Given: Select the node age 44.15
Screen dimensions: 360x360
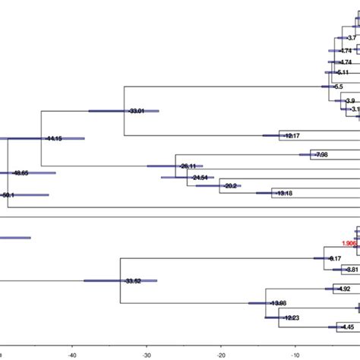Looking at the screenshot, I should (x=54, y=139).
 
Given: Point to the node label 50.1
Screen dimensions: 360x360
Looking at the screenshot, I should (x=8, y=195).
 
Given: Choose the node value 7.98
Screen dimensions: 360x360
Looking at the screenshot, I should (x=321, y=155).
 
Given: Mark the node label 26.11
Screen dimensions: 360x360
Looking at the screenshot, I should (x=188, y=166).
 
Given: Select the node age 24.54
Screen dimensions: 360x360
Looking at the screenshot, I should (x=201, y=178).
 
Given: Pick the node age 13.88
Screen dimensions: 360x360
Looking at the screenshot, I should (x=278, y=303).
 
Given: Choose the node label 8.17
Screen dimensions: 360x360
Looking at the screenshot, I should (x=335, y=259).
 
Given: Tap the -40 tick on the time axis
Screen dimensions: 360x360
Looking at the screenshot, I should (x=71, y=354).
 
